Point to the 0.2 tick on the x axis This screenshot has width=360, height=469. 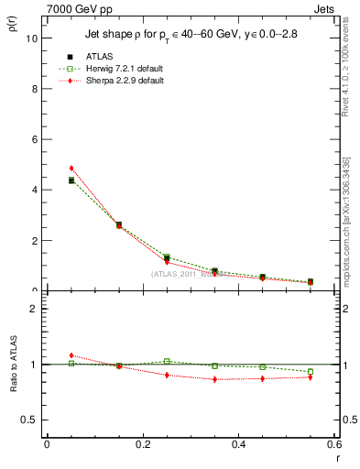click(142, 444)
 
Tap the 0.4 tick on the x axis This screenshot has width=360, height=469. click(238, 444)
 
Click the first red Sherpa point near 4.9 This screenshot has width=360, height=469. click(71, 169)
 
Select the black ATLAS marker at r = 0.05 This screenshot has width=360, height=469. click(71, 180)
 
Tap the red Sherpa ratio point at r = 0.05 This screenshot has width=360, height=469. click(71, 355)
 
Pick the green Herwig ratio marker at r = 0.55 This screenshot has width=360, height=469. click(311, 372)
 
